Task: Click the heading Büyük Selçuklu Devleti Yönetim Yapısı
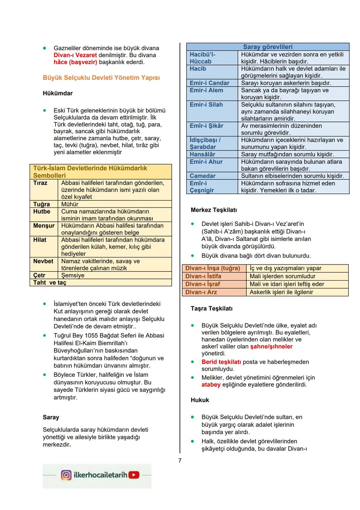pos(101,78)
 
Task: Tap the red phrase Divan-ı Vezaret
pos(75,55)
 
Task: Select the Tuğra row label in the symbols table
pos(41,204)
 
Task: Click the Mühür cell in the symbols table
pos(70,204)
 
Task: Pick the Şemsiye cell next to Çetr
pos(73,275)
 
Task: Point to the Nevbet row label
pos(43,261)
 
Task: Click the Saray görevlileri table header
pos(267,47)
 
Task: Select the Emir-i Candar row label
pos(209,83)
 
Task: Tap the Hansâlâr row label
pos(202,154)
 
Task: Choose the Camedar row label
pos(202,176)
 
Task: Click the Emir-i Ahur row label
pos(206,162)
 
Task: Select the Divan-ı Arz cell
pos(201,292)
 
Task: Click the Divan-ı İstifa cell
pos(203,276)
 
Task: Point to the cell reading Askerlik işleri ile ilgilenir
pos(281,292)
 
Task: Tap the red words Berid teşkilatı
pos(221,362)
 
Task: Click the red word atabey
pos(211,385)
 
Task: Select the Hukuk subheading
pos(200,400)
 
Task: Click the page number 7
pos(180,461)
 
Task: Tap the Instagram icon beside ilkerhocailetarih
pos(66,475)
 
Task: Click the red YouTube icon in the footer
pos(134,475)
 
